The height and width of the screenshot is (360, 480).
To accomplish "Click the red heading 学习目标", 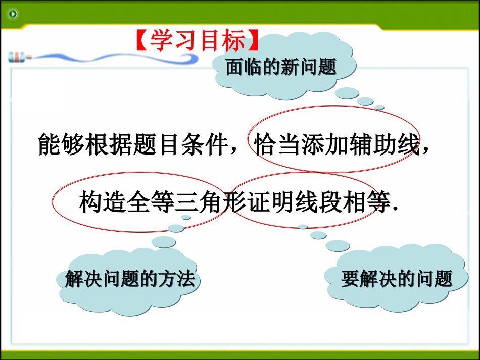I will tap(198, 41).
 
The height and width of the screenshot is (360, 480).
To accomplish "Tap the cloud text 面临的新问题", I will tap(281, 67).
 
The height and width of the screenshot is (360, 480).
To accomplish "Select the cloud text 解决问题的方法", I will tap(130, 279).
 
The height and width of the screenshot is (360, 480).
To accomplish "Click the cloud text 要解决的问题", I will tap(397, 279).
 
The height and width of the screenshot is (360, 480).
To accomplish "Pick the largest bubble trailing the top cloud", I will tap(347, 93).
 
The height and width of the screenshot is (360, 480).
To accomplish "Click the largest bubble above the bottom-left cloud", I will tap(164, 242).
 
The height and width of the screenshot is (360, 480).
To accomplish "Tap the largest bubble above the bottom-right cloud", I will tap(338, 246).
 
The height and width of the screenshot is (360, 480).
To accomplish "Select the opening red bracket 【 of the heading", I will tap(142, 41).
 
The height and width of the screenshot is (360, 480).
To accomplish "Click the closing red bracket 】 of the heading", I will tap(253, 41).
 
